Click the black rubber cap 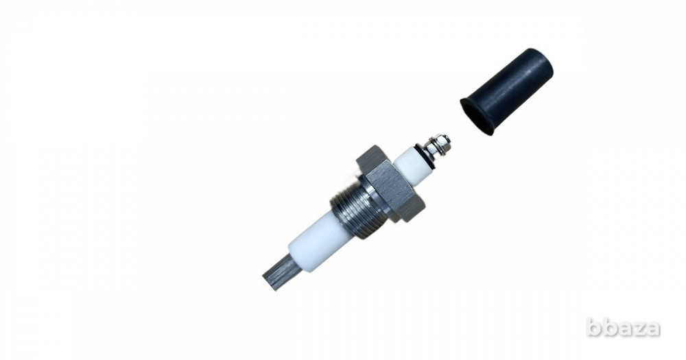[x=508, y=91]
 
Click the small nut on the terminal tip [x=442, y=143]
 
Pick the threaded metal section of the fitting [x=350, y=211]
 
